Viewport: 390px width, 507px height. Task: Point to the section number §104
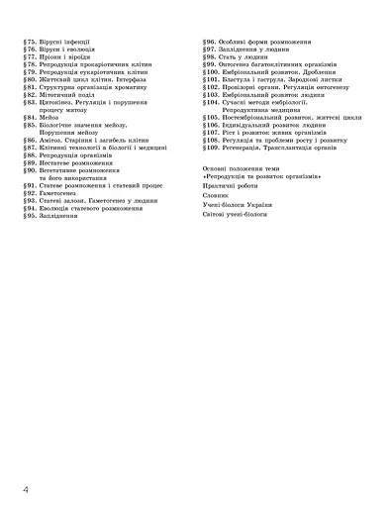click(211, 102)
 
